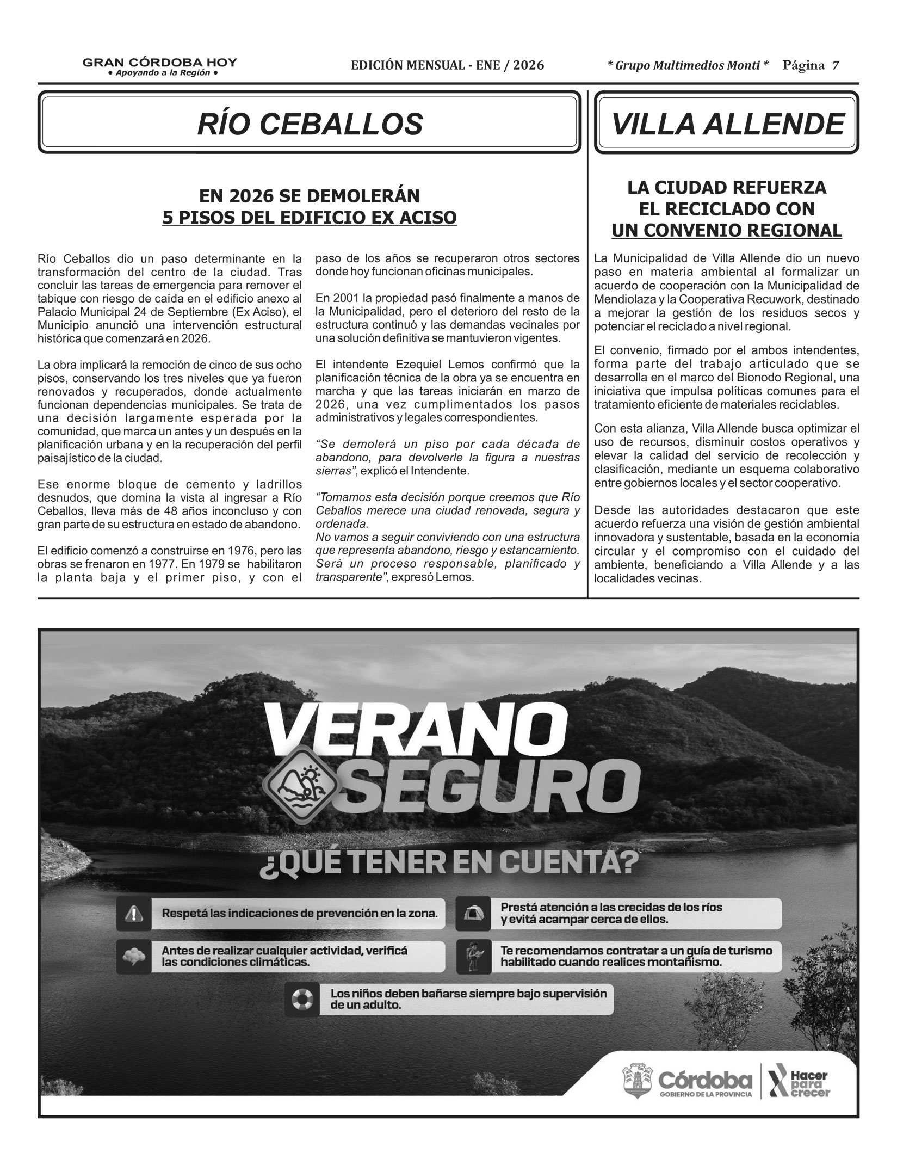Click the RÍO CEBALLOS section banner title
pos(310,124)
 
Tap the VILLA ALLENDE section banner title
pos(728,124)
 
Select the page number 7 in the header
pos(835,66)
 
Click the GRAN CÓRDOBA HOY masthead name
pos(159,62)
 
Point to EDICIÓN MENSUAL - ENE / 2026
pos(448,66)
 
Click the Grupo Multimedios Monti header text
pos(688,66)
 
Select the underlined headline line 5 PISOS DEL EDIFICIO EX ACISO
pos(310,218)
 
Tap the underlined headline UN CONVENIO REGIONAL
pos(726,230)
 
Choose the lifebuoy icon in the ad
pos(302,999)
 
